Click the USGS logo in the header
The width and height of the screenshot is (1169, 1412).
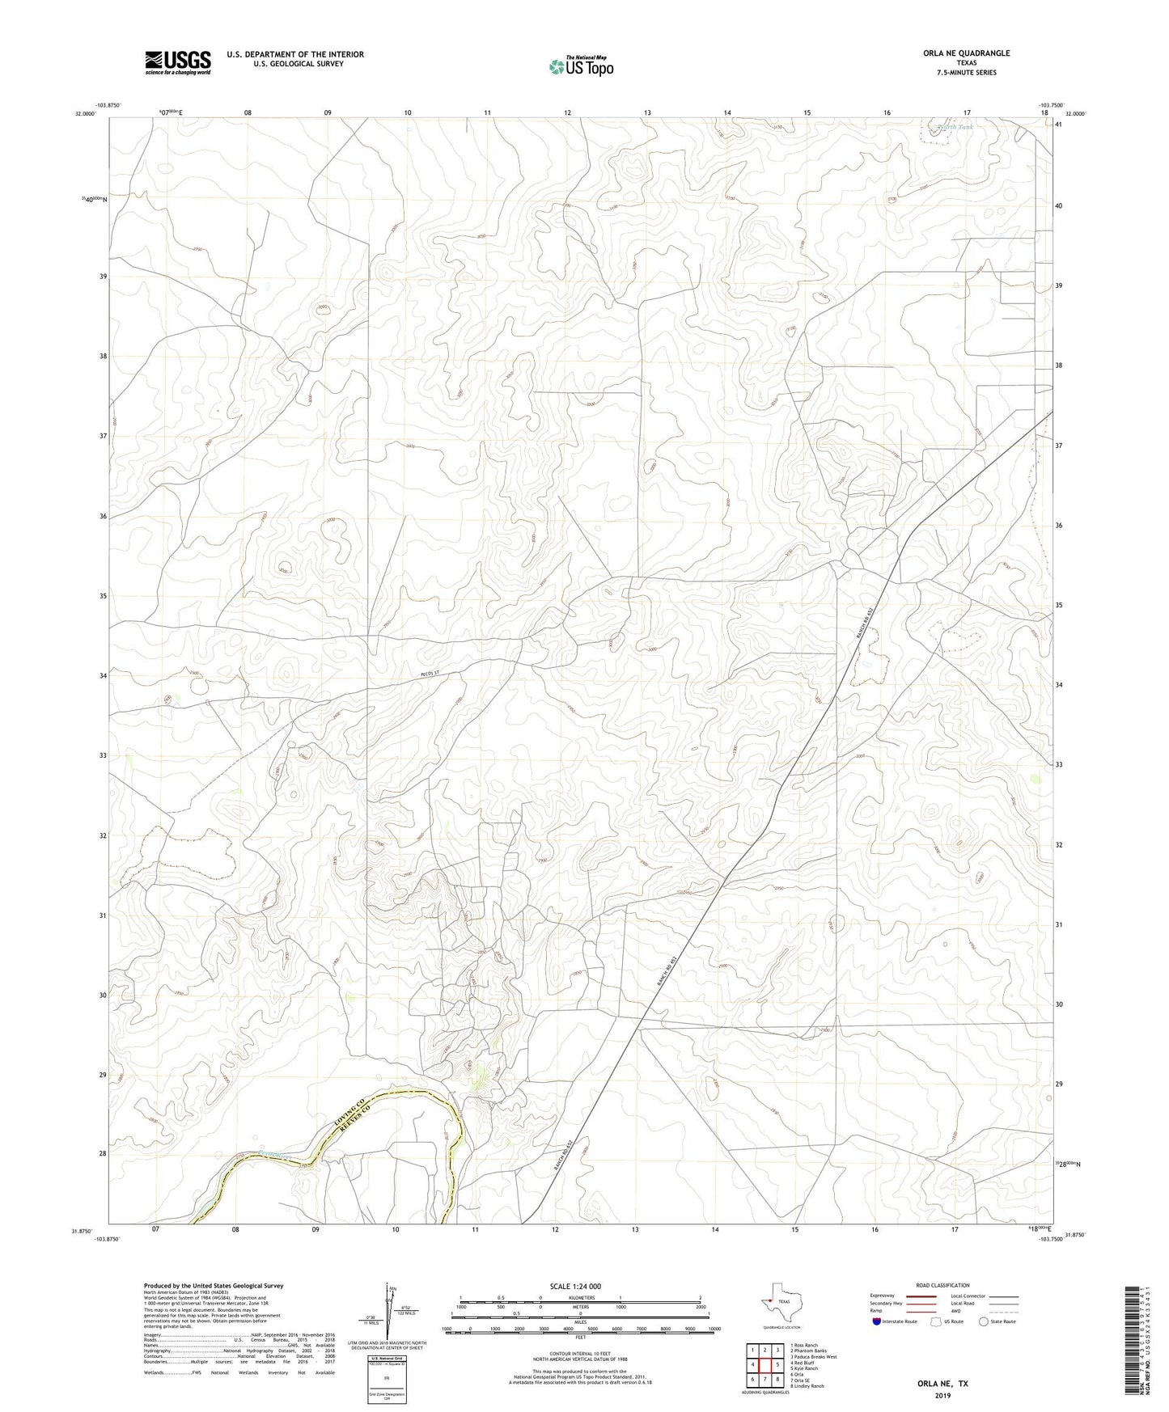(178, 61)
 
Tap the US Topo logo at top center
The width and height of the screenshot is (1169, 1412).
(580, 66)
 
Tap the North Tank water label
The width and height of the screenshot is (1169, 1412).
(955, 127)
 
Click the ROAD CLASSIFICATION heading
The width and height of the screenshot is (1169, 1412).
(943, 1285)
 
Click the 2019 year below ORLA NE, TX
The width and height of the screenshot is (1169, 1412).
(942, 1395)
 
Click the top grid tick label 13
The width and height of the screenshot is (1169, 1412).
(647, 112)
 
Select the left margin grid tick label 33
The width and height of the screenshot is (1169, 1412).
(103, 755)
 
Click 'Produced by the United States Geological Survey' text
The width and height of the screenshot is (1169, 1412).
(214, 1286)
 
